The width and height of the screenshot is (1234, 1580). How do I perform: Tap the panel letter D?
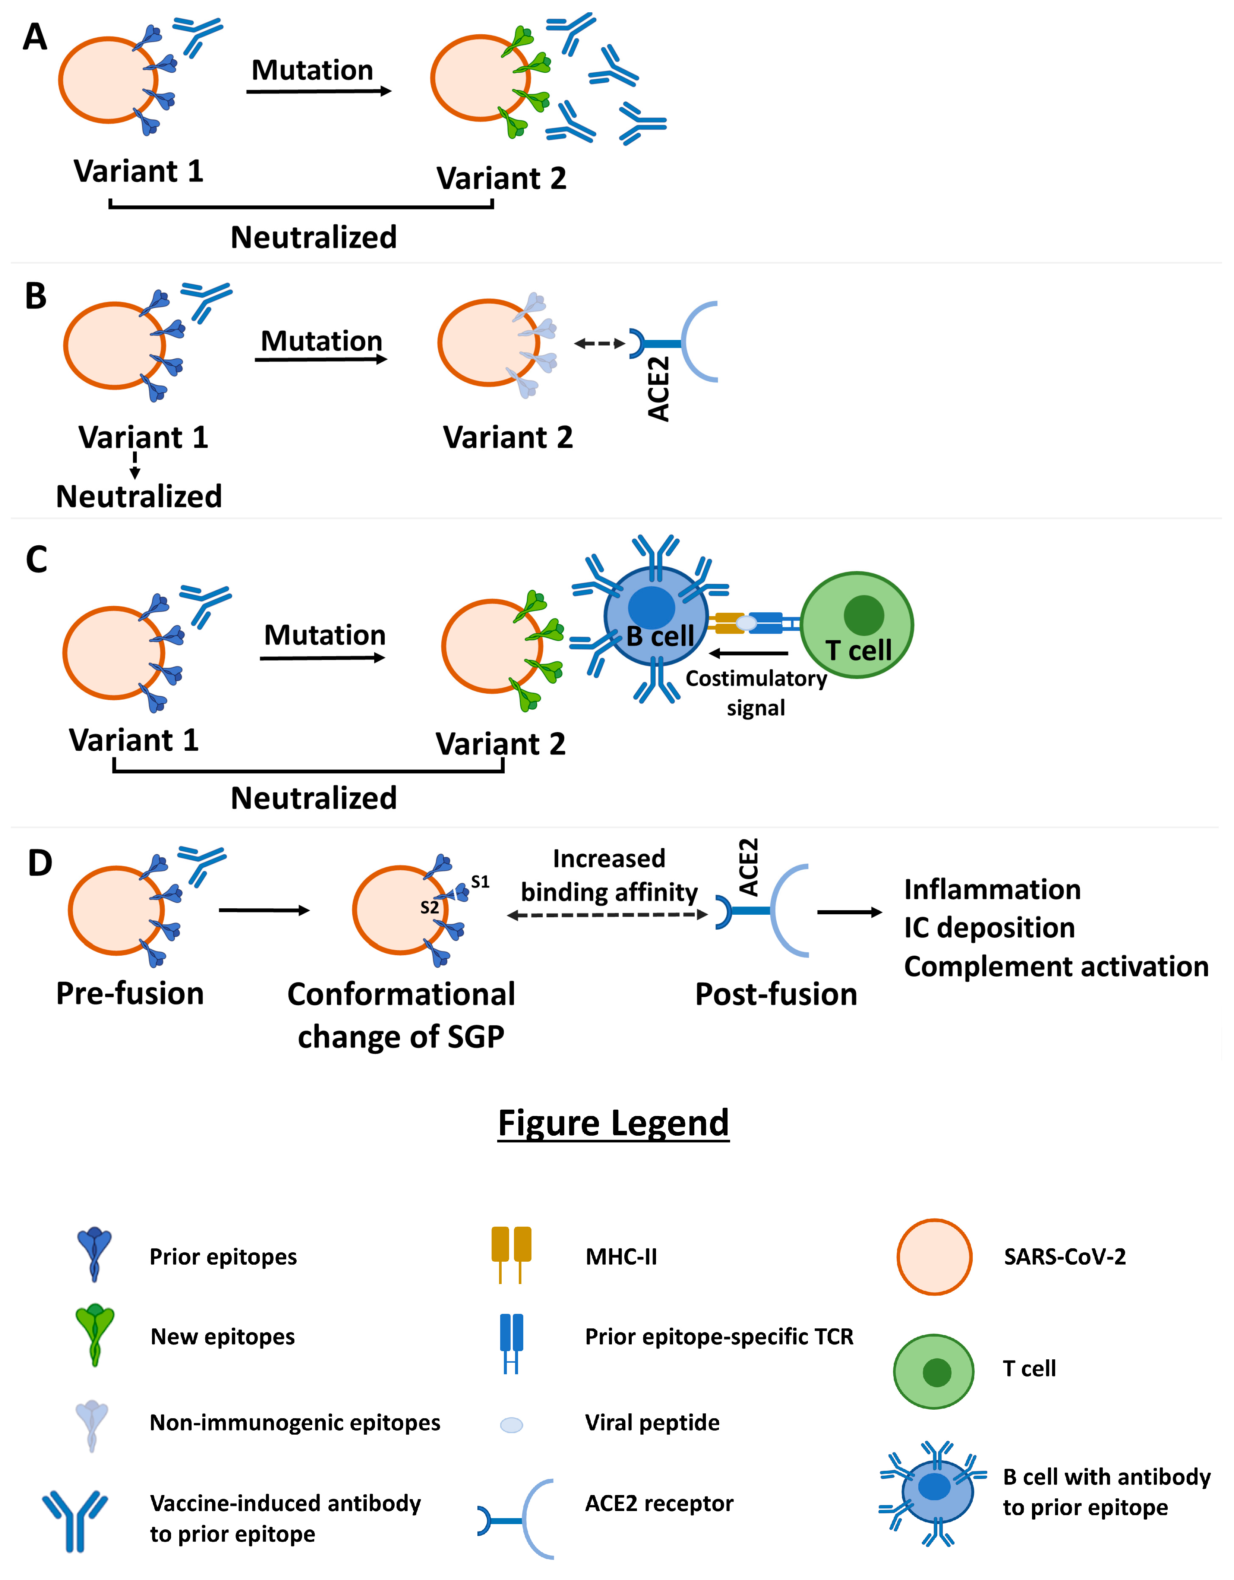pyautogui.click(x=40, y=862)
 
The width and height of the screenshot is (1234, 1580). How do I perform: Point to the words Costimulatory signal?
pyautogui.click(x=756, y=692)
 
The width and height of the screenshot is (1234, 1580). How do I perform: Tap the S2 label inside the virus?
pyautogui.click(x=430, y=907)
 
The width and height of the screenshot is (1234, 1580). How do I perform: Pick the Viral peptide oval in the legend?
pyautogui.click(x=511, y=1425)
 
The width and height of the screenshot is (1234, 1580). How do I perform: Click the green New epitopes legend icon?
pyautogui.click(x=95, y=1335)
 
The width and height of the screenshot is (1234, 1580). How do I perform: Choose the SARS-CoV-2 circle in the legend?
pyautogui.click(x=934, y=1256)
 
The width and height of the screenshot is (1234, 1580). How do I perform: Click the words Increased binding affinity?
pyautogui.click(x=609, y=876)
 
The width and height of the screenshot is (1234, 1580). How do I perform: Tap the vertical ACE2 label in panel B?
pyautogui.click(x=658, y=388)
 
